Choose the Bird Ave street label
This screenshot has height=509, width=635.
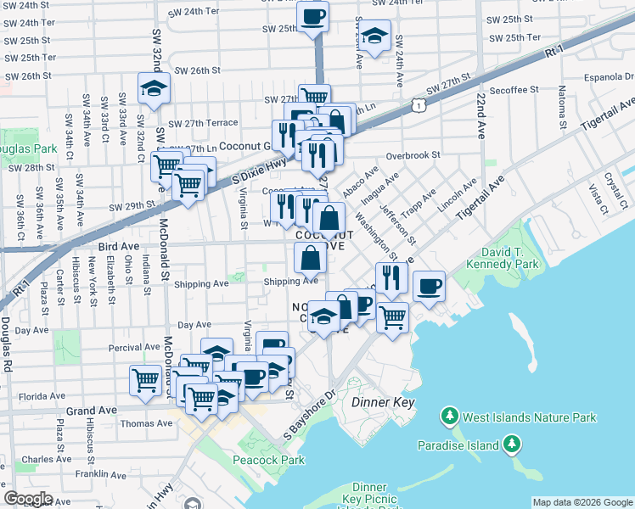tap(118, 245)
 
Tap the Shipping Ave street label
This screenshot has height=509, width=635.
tap(290, 282)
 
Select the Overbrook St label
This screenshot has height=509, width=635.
tap(413, 155)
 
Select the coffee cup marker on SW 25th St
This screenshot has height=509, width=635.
tap(312, 16)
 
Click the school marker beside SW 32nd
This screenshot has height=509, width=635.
tap(155, 88)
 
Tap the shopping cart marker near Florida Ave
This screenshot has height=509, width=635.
tap(146, 379)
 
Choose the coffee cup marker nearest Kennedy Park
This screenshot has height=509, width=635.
tap(430, 285)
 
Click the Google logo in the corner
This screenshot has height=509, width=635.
tap(28, 499)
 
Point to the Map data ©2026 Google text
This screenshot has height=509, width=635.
tap(582, 502)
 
